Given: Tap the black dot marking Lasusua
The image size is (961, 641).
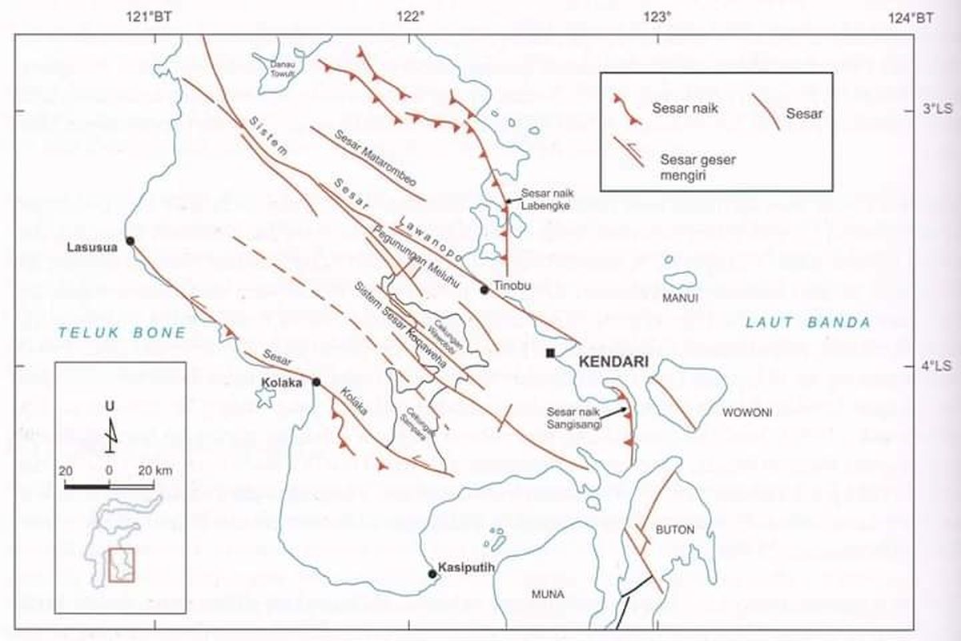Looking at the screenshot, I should click(x=130, y=240).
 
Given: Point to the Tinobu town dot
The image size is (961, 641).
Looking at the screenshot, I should click(x=485, y=289).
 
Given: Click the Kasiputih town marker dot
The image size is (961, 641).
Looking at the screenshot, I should click(x=432, y=574).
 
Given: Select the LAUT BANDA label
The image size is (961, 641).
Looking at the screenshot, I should click(x=807, y=323).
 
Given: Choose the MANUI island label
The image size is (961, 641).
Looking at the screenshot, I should click(x=681, y=298).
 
